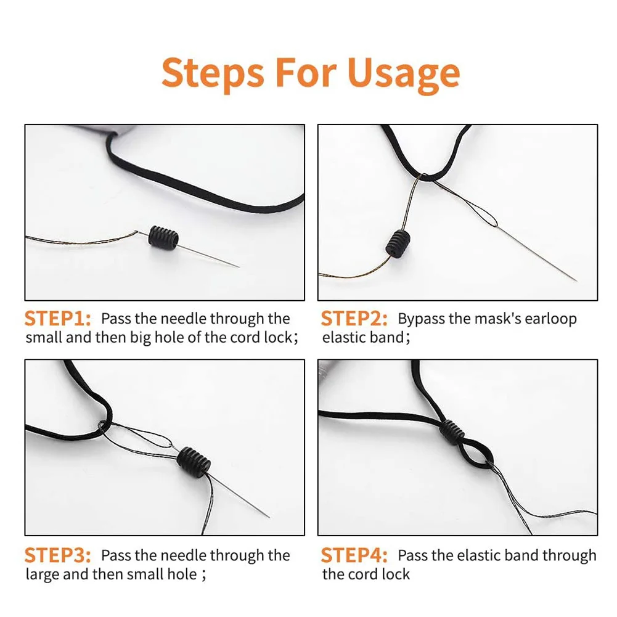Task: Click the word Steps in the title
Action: click(213, 73)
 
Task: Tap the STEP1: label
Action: click(57, 318)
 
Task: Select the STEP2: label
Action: click(354, 318)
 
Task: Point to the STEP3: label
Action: click(57, 555)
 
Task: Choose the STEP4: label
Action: click(354, 555)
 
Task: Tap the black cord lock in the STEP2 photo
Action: click(398, 244)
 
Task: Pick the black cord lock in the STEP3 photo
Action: click(194, 462)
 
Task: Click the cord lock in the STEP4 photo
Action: click(451, 432)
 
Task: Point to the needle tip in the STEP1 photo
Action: click(239, 267)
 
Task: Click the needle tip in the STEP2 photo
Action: click(576, 280)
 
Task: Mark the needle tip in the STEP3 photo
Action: click(269, 517)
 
